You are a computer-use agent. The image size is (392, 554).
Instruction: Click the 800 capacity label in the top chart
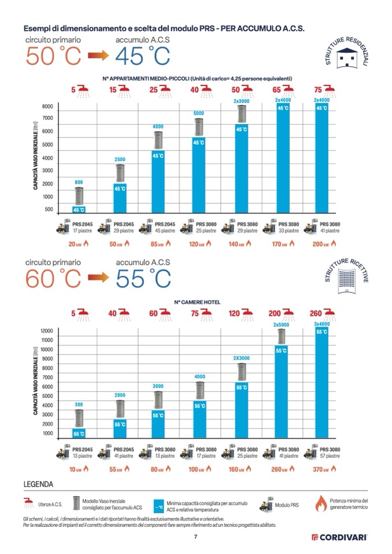click(79, 182)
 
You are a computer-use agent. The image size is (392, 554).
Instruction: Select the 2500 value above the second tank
click(120, 159)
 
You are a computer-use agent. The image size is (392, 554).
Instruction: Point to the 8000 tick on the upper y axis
click(47, 107)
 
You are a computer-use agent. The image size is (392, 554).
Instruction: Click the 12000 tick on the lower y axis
click(46, 330)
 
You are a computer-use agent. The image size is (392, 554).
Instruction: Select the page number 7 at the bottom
click(195, 537)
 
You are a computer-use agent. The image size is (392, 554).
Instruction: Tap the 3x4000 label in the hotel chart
click(321, 324)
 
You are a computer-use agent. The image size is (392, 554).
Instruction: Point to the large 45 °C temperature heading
click(143, 57)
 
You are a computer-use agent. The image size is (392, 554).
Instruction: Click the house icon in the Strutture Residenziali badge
click(349, 58)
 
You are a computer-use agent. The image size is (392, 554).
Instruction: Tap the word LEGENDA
click(38, 484)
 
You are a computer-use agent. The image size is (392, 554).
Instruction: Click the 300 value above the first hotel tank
click(79, 404)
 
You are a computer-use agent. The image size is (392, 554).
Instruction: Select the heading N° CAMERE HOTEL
click(197, 302)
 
